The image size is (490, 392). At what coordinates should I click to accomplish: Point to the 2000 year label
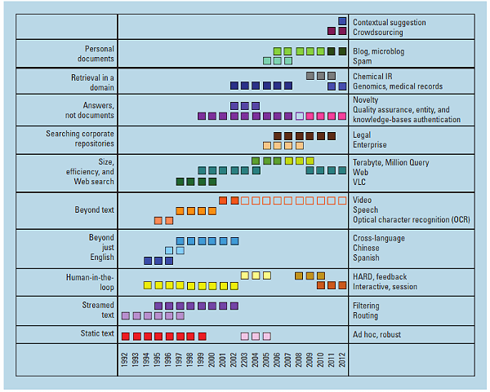212,361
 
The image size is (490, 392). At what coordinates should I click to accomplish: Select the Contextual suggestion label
390,22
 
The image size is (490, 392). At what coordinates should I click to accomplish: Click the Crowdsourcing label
377,32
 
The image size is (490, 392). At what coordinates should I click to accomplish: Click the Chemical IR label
374,76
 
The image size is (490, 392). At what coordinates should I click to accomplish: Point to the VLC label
361,182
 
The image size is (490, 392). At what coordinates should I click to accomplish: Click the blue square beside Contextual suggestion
342,21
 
